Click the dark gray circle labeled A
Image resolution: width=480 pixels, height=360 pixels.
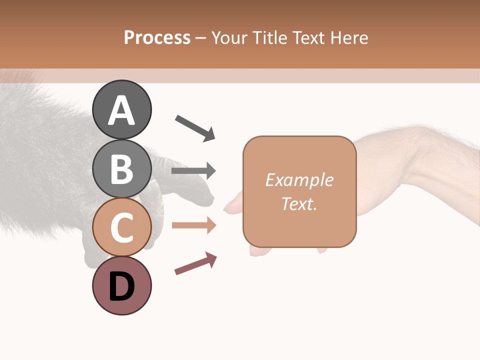pyautogui.click(x=122, y=109)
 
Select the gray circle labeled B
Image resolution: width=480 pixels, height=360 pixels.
pyautogui.click(x=122, y=168)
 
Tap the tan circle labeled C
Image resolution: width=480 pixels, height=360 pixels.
pyautogui.click(x=122, y=227)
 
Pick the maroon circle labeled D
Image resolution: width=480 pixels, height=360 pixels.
pyautogui.click(x=122, y=285)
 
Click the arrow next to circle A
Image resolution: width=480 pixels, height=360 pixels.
pyautogui.click(x=195, y=127)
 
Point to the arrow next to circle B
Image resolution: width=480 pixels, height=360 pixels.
pyautogui.click(x=193, y=171)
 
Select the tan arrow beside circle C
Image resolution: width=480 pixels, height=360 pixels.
pyautogui.click(x=193, y=225)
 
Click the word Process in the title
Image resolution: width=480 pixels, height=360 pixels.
pyautogui.click(x=157, y=37)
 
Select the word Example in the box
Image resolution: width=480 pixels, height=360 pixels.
pyautogui.click(x=299, y=180)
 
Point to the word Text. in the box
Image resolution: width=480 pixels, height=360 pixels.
pyautogui.click(x=299, y=203)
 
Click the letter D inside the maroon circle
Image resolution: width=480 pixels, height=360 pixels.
pyautogui.click(x=122, y=287)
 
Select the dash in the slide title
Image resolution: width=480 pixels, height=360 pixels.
pyautogui.click(x=200, y=38)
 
